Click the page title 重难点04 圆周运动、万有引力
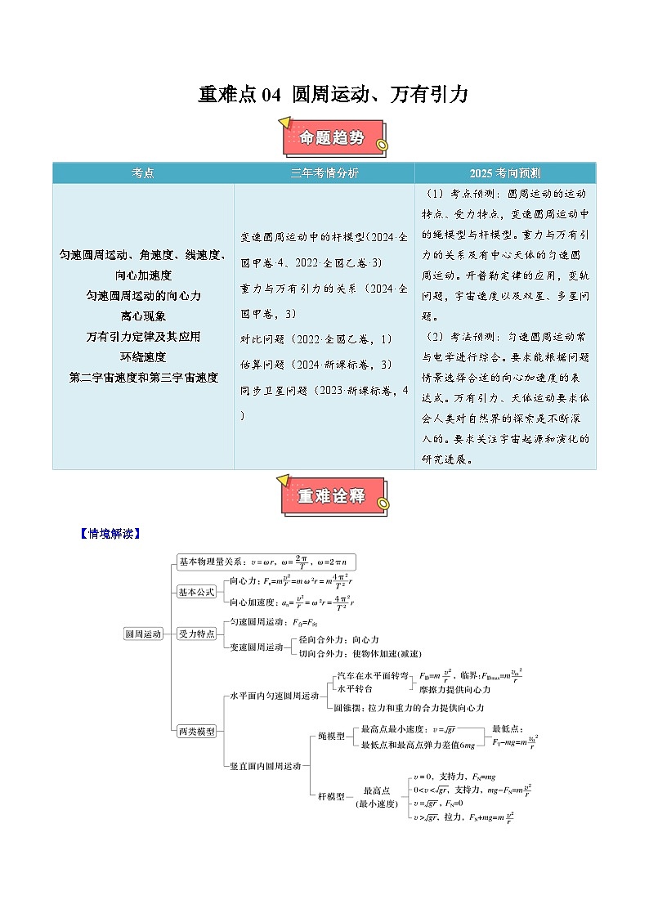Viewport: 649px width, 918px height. pyautogui.click(x=333, y=95)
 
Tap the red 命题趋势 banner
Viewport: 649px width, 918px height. pyautogui.click(x=333, y=137)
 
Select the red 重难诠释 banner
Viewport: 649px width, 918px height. pyautogui.click(x=332, y=495)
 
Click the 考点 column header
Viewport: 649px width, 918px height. pyautogui.click(x=143, y=173)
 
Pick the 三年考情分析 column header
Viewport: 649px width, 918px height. pyautogui.click(x=324, y=173)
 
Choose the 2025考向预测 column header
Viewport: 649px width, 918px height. pyautogui.click(x=504, y=173)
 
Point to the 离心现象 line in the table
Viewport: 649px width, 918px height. pyautogui.click(x=143, y=316)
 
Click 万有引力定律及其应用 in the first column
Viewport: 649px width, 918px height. pyautogui.click(x=143, y=336)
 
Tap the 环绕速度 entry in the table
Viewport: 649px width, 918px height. pyautogui.click(x=143, y=356)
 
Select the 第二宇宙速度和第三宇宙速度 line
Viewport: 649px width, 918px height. pyautogui.click(x=143, y=377)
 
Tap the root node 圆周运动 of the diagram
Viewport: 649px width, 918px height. pyautogui.click(x=143, y=633)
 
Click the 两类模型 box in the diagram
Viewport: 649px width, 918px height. pyautogui.click(x=197, y=731)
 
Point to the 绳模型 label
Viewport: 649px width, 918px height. pyautogui.click(x=331, y=736)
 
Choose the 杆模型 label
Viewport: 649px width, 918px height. pyautogui.click(x=331, y=795)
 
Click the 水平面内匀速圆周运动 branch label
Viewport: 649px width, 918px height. pyautogui.click(x=274, y=696)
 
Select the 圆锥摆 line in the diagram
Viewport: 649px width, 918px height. pyautogui.click(x=409, y=707)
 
